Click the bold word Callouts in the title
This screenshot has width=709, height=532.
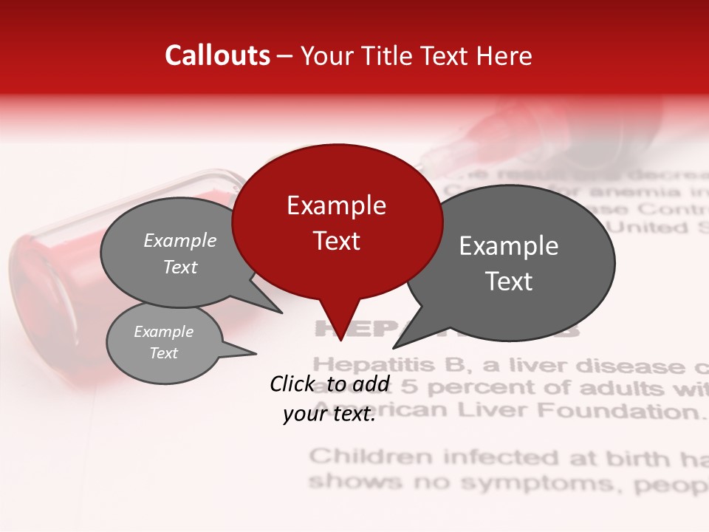click(x=217, y=55)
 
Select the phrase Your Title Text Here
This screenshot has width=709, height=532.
click(x=417, y=55)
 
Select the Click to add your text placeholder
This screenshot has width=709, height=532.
click(x=329, y=399)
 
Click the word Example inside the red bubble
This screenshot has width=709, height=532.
click(x=337, y=205)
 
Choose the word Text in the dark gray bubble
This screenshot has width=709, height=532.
click(x=510, y=281)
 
